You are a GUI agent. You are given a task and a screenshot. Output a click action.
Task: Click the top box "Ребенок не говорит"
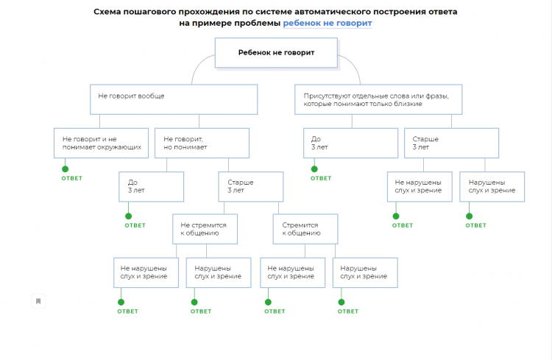(276, 52)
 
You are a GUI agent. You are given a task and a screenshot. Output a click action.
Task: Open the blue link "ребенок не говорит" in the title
(328, 23)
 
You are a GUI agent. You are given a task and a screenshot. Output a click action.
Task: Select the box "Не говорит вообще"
(174, 99)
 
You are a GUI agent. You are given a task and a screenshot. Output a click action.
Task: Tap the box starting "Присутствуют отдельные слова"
(378, 99)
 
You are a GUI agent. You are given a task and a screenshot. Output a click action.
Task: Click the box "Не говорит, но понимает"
(202, 143)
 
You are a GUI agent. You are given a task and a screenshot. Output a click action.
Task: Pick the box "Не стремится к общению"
(205, 227)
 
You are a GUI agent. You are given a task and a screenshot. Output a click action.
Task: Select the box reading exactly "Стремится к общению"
(305, 227)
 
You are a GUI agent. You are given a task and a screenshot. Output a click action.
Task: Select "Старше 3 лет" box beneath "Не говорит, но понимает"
(251, 186)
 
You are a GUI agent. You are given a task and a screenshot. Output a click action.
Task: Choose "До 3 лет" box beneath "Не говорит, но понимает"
(151, 186)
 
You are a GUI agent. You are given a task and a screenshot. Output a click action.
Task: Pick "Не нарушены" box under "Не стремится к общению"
(145, 272)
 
